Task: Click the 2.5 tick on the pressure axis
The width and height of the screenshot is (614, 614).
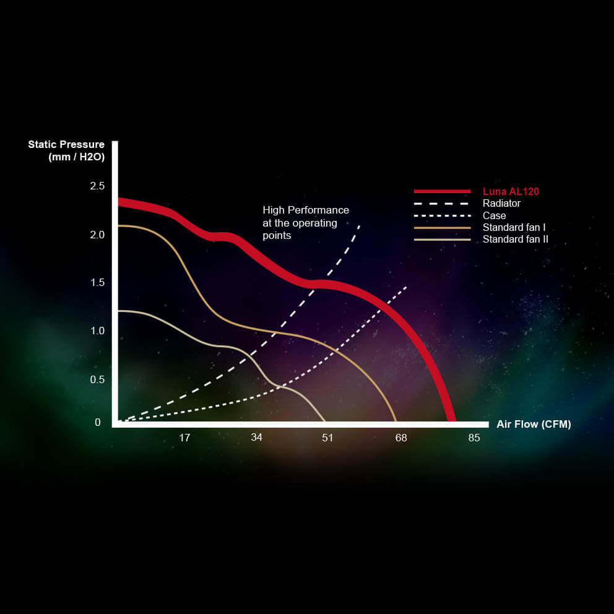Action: (x=97, y=186)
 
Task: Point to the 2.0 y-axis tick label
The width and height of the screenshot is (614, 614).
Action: (x=97, y=235)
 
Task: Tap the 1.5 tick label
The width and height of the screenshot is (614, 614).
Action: (x=98, y=283)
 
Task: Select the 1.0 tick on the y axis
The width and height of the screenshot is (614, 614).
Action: (x=98, y=331)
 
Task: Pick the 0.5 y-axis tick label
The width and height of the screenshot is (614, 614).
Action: (x=97, y=379)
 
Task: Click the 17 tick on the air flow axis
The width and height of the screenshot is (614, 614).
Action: (x=184, y=438)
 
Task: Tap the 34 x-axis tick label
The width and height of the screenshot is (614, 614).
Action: (x=256, y=438)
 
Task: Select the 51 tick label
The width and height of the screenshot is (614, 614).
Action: (x=327, y=438)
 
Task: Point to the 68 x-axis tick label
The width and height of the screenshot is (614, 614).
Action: (x=401, y=438)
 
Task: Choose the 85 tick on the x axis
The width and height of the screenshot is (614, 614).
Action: (x=474, y=438)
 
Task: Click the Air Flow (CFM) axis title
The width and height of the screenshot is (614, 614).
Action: (x=534, y=425)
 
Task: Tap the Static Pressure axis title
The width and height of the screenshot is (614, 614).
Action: (x=66, y=151)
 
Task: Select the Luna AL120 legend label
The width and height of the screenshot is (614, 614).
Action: (x=511, y=191)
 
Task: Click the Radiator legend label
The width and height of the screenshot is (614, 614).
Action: (x=501, y=203)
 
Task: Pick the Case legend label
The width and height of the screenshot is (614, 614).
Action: (x=494, y=216)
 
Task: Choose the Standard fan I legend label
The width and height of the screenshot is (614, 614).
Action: (x=514, y=228)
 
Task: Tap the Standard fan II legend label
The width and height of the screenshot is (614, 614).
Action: (x=516, y=240)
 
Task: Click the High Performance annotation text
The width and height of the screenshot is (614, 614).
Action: (x=305, y=223)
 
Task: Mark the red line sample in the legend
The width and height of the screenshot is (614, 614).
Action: (x=443, y=191)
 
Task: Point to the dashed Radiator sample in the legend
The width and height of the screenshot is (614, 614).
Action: (x=441, y=204)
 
